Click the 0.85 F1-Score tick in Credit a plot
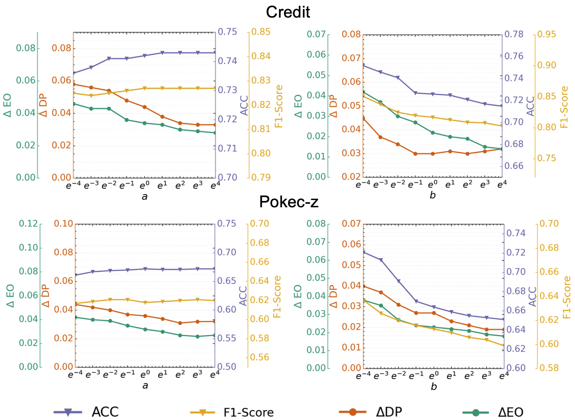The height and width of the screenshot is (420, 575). (x=260, y=32)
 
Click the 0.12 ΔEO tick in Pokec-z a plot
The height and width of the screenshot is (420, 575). (x=27, y=224)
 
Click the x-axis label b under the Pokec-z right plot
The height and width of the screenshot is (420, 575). (x=434, y=386)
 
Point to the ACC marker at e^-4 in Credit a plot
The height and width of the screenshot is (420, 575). (x=74, y=73)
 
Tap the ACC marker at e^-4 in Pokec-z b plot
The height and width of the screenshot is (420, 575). (x=363, y=252)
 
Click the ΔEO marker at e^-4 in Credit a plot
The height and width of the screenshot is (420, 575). (x=74, y=104)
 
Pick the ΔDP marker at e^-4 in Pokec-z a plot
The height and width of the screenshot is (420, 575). (x=75, y=304)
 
